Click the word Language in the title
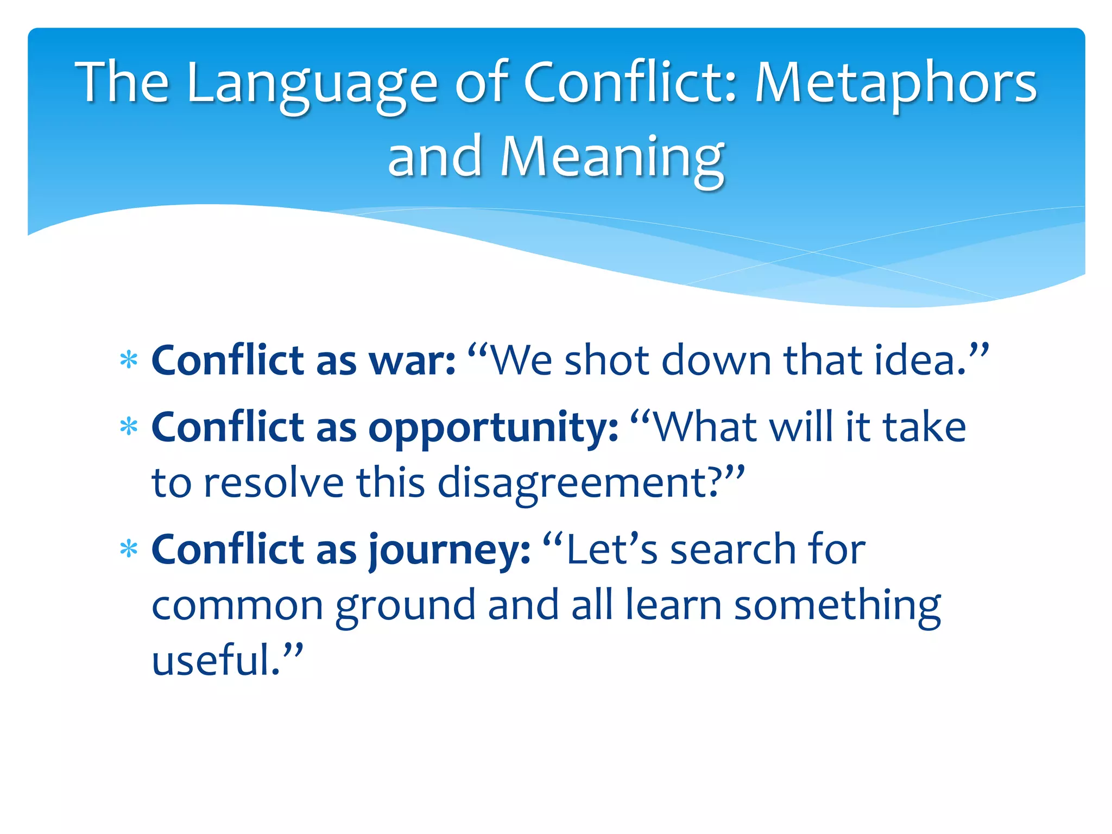click(312, 84)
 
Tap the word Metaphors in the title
click(896, 84)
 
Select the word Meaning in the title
click(612, 157)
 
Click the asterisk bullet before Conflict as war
click(129, 361)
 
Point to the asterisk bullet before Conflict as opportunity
click(129, 427)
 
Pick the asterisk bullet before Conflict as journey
click(129, 549)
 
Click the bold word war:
click(412, 361)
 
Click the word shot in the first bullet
click(606, 361)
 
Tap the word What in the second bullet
click(706, 427)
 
